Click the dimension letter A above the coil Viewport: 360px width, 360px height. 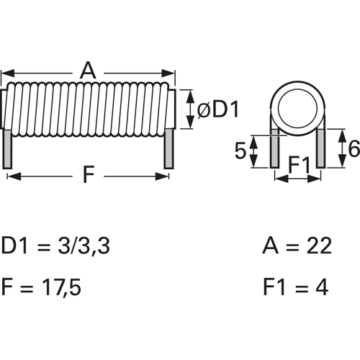coord(88,71)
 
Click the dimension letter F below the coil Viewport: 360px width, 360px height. coord(88,175)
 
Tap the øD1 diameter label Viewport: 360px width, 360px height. coord(217,110)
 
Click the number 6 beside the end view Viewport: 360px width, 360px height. coord(352,148)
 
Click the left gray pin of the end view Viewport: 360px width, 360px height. coord(274,151)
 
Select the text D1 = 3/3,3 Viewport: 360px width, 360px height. coord(56,247)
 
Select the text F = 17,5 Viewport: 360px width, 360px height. coord(42,288)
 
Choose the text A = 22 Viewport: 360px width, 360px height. coord(297,247)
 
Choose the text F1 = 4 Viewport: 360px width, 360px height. coord(295,288)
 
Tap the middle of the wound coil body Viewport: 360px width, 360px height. coord(89,109)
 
